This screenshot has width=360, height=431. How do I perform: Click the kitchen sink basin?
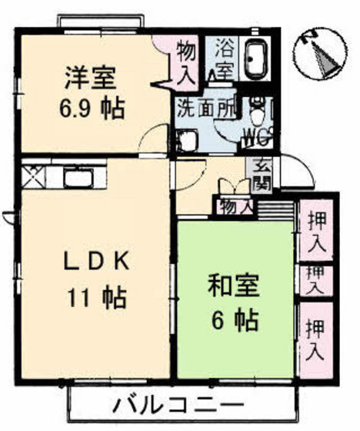(80, 179)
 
